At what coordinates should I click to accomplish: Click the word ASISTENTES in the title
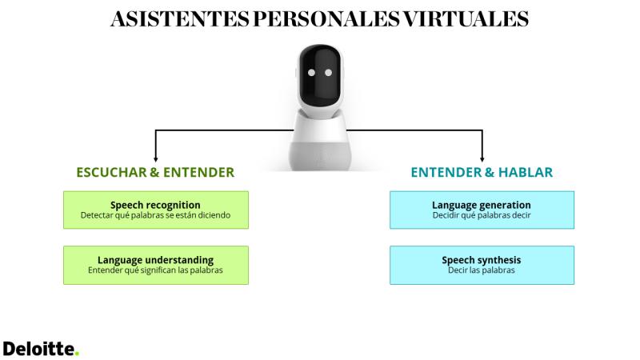[x=180, y=18]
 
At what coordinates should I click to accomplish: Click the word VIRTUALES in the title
[x=466, y=18]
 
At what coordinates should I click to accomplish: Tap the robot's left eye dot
[x=311, y=73]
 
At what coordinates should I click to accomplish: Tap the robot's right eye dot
[x=329, y=73]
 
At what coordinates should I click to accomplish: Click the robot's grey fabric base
[x=320, y=155]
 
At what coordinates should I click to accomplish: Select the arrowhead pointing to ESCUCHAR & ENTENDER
[x=155, y=159]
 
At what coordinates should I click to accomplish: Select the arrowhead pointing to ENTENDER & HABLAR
[x=482, y=159]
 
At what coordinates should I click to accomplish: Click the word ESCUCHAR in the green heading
[x=111, y=172]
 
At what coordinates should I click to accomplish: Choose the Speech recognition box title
[x=155, y=205]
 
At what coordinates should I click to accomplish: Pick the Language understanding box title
[x=155, y=260]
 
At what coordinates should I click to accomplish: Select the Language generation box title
[x=482, y=205]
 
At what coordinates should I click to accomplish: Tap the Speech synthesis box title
[x=482, y=260]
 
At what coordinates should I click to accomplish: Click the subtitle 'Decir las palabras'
[x=482, y=270]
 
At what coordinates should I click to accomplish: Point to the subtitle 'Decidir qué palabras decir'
[x=482, y=215]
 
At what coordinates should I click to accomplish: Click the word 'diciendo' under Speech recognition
[x=214, y=215]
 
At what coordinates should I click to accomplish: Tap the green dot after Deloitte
[x=77, y=354]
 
